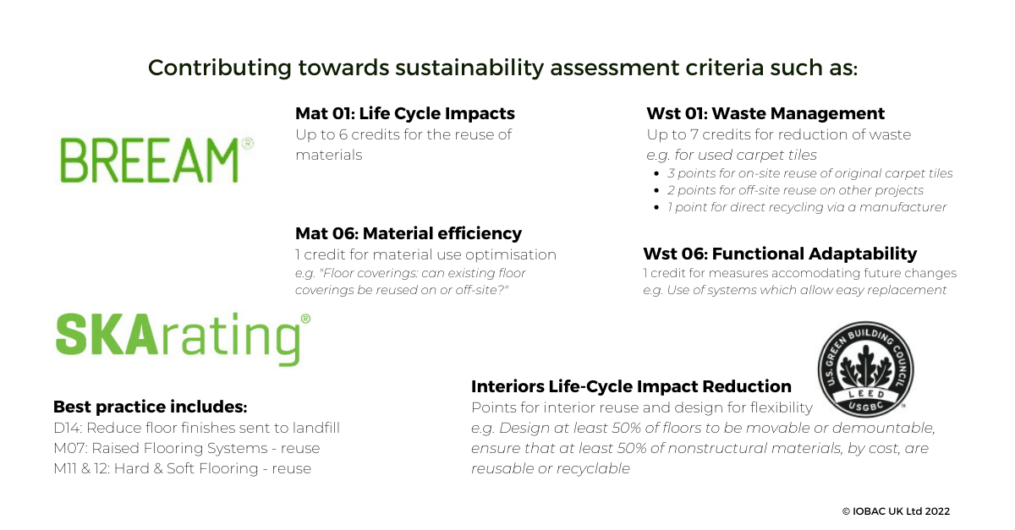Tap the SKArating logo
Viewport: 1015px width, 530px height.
point(183,339)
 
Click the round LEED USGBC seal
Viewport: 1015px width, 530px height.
point(865,369)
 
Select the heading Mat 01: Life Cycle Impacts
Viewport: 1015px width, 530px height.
point(404,113)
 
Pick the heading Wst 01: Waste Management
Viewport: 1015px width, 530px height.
point(765,113)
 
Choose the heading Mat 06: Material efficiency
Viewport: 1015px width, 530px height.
point(409,233)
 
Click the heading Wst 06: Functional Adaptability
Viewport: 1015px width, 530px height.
point(780,254)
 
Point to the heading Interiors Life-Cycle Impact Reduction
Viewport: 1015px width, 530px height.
point(631,386)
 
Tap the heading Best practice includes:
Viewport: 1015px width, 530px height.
point(150,407)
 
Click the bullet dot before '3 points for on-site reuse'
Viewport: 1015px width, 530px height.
point(656,174)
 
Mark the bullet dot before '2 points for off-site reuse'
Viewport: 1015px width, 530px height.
point(656,191)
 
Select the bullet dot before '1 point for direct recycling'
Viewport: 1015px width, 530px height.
point(656,207)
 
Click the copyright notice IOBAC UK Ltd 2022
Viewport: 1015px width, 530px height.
point(896,511)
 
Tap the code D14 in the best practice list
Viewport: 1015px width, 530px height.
point(67,428)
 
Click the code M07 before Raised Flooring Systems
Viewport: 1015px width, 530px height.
point(69,449)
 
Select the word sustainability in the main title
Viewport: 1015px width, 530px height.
point(469,68)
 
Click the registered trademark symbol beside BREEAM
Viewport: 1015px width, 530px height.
point(248,143)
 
